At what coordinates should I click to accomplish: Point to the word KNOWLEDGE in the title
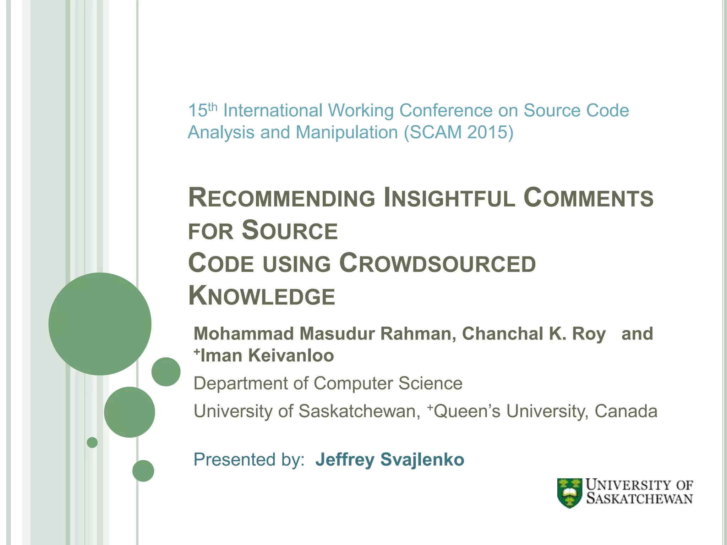pyautogui.click(x=262, y=296)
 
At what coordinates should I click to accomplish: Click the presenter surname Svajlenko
pyautogui.click(x=422, y=459)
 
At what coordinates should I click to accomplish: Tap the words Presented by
pyautogui.click(x=249, y=459)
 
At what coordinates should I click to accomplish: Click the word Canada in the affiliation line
pyautogui.click(x=626, y=411)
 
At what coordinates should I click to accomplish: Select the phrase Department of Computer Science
pyautogui.click(x=328, y=384)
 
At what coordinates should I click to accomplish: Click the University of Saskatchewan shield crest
pyautogui.click(x=569, y=493)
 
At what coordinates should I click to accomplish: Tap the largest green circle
pyautogui.click(x=100, y=324)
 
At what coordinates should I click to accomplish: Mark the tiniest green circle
pyautogui.click(x=92, y=442)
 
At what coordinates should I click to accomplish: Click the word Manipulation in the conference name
pyautogui.click(x=346, y=132)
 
